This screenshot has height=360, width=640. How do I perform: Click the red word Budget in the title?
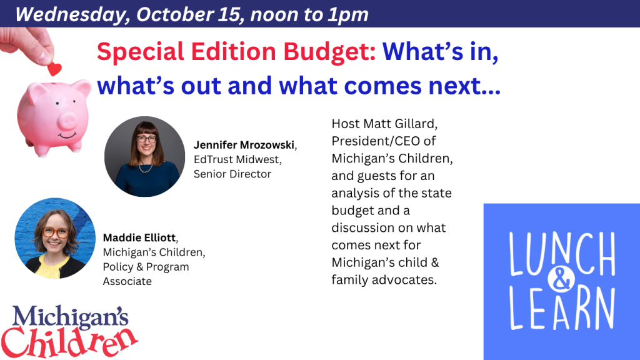click(x=329, y=52)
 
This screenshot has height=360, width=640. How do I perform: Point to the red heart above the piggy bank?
click(x=54, y=69)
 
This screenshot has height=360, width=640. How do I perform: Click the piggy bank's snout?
click(x=66, y=121)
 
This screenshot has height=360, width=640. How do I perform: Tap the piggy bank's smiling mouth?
click(x=67, y=135)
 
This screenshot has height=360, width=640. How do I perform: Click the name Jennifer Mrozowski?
click(x=244, y=145)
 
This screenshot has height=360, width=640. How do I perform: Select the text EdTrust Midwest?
click(x=237, y=159)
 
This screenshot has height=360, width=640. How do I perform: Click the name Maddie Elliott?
click(x=139, y=237)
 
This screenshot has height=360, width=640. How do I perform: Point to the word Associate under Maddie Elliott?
click(x=127, y=281)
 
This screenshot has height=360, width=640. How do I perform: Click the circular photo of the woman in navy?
click(x=144, y=157)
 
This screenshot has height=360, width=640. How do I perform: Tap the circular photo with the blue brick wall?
click(x=55, y=238)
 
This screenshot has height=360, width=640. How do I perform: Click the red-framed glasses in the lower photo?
click(x=56, y=232)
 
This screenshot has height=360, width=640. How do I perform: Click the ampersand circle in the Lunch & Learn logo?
click(x=561, y=279)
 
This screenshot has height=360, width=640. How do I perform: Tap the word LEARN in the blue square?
click(x=562, y=309)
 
